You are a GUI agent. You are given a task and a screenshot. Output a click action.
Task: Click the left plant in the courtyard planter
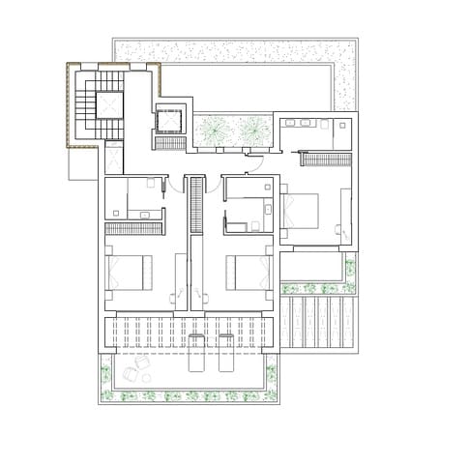(213, 129)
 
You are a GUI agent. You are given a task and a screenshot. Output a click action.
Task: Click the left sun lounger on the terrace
(196, 354)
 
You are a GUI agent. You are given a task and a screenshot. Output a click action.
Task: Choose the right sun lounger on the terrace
(226, 354)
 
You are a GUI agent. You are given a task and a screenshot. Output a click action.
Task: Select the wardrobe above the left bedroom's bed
(132, 228)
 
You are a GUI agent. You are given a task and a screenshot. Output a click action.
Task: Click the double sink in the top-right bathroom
(307, 124)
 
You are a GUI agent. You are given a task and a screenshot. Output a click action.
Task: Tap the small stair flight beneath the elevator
(170, 143)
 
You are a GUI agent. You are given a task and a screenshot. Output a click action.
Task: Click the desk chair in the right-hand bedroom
(339, 230)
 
